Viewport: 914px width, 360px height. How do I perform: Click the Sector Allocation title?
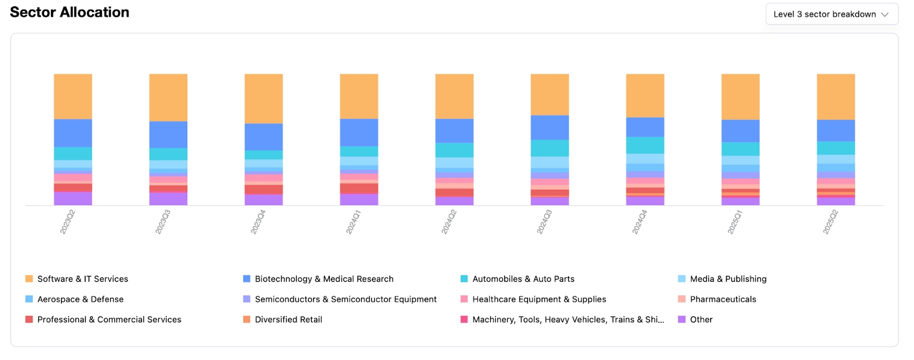(70, 13)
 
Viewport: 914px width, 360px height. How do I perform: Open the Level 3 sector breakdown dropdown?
(831, 14)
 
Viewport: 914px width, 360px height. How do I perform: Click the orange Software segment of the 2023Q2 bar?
(73, 96)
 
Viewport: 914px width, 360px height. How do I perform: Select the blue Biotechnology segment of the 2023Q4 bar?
(263, 137)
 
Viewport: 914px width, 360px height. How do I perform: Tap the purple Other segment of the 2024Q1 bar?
(359, 199)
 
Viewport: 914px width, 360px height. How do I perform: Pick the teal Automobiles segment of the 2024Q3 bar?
(550, 148)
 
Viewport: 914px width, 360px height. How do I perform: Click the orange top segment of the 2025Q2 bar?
(836, 96)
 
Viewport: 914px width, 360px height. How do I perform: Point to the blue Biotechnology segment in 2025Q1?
(740, 131)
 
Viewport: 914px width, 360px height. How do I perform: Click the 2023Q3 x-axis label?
(163, 222)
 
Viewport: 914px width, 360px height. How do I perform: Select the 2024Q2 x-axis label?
(449, 222)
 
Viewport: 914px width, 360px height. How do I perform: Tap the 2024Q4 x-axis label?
(639, 222)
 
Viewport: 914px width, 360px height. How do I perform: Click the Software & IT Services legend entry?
(82, 279)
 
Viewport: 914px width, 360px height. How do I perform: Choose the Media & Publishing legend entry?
(728, 279)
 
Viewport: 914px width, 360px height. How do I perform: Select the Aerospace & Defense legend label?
(80, 299)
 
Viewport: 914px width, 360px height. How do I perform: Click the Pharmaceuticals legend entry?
(723, 299)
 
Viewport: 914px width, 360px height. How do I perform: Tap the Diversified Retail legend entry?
(288, 319)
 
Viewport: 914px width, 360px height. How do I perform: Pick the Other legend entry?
(701, 319)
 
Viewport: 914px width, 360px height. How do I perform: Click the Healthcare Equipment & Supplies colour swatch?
(464, 299)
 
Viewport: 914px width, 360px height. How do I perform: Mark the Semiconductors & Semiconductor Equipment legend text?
(346, 299)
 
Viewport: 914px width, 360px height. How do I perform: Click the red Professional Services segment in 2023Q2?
(73, 187)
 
